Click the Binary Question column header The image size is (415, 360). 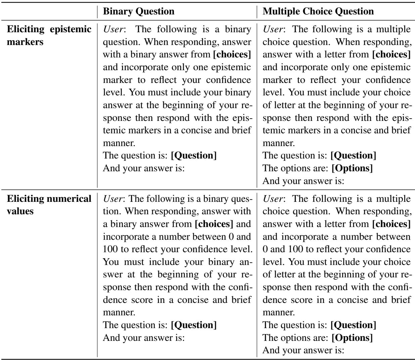coord(138,12)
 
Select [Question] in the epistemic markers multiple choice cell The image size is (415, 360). coord(353,156)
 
